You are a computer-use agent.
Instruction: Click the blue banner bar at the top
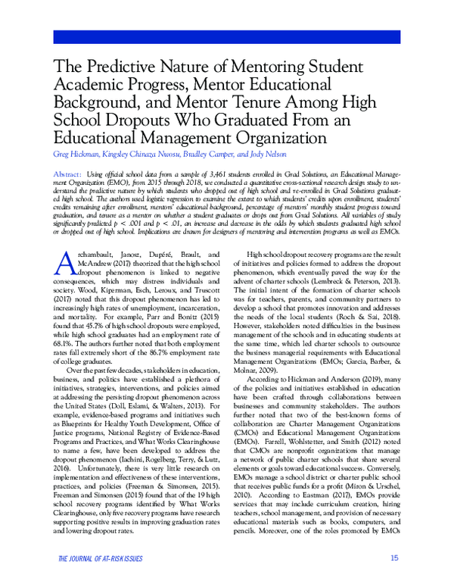pos(226,38)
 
